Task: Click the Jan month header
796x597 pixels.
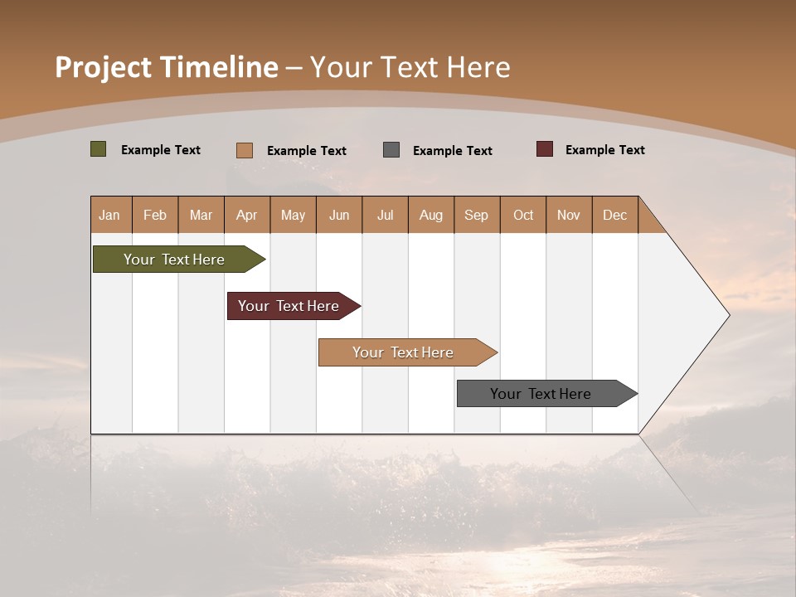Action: (x=109, y=215)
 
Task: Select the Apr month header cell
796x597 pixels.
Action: (x=246, y=215)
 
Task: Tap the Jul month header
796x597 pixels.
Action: (x=385, y=215)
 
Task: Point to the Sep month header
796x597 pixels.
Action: (x=476, y=215)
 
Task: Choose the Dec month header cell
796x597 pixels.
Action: (x=614, y=215)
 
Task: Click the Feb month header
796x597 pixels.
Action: (x=155, y=215)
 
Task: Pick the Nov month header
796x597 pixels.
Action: (x=568, y=215)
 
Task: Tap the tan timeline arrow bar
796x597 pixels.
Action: (x=404, y=352)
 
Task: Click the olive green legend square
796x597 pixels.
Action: (x=98, y=149)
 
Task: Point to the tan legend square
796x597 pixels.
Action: (x=244, y=150)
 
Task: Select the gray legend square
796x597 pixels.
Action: (x=391, y=150)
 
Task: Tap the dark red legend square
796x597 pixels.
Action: (x=545, y=149)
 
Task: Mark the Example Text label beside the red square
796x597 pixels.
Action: (x=604, y=150)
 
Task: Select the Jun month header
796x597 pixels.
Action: (x=339, y=215)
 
